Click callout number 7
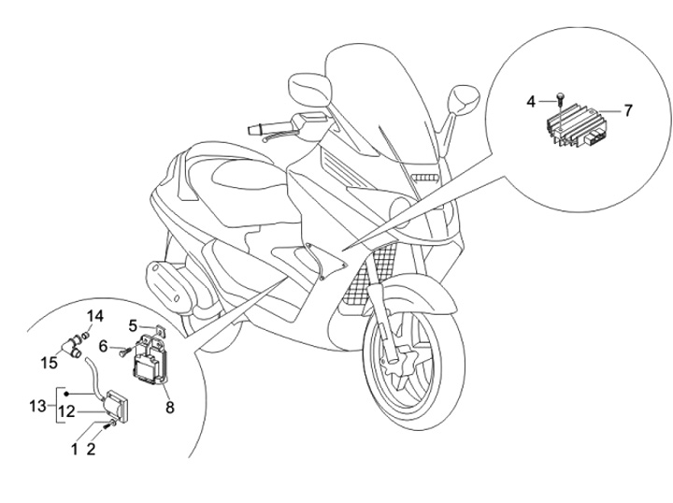(x=628, y=110)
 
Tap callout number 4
(x=531, y=102)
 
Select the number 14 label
(x=94, y=316)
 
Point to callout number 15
(x=49, y=363)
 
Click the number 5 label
(x=133, y=325)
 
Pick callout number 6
(x=103, y=346)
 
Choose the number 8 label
(x=170, y=408)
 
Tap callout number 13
(x=37, y=406)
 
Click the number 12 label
(x=66, y=412)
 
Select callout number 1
(x=75, y=450)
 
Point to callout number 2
(x=91, y=450)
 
